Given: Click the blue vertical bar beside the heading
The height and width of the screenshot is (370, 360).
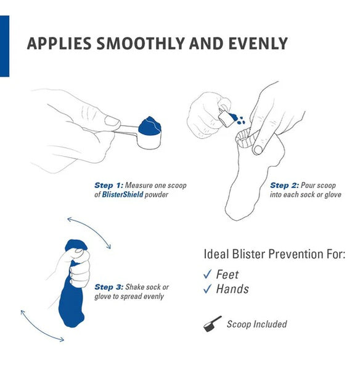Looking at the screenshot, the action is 4,46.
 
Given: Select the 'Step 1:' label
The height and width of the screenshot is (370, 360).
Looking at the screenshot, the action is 108,186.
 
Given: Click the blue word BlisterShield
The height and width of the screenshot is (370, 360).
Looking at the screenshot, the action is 123,195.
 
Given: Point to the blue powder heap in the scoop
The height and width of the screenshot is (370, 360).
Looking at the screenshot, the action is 150,126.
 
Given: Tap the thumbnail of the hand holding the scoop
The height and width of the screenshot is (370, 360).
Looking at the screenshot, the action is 112,121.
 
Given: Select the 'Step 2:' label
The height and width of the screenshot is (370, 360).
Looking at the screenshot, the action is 284,186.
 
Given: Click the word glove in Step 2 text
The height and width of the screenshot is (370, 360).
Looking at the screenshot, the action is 333,195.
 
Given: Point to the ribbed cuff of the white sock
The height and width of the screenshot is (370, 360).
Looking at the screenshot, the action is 247,138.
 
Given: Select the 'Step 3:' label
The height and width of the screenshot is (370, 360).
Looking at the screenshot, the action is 108,287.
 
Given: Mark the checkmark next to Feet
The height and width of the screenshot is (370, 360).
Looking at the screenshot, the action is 207,274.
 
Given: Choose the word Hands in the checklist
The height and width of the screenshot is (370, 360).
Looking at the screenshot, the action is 232,289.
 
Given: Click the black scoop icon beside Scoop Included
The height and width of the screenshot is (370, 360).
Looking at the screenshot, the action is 212,324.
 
